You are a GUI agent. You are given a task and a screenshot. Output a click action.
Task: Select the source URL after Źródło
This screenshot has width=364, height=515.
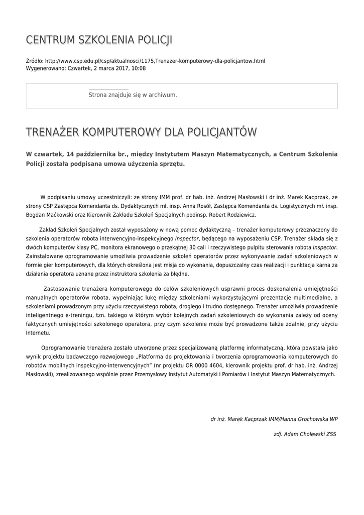click(155, 61)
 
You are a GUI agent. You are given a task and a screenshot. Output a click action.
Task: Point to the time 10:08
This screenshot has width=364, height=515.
click(139, 68)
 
